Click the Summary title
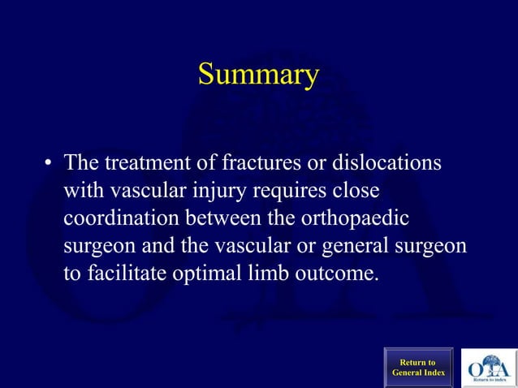258,75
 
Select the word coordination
122,218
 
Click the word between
231,218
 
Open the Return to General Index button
418,367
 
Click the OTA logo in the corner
488,367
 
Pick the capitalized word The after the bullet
82,162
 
